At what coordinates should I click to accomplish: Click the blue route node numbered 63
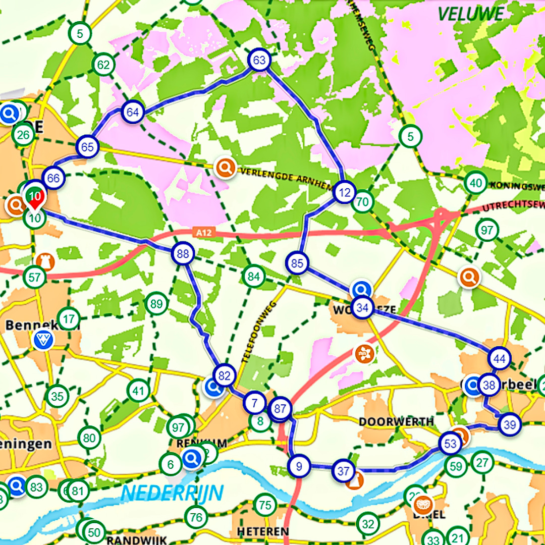259,61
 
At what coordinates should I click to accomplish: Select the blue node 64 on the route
133,112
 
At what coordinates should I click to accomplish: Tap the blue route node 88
183,254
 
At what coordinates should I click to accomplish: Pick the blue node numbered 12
345,192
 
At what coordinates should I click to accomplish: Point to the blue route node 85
297,263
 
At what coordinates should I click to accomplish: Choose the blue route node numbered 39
509,424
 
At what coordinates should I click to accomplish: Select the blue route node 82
225,375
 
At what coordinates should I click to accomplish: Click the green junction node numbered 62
103,65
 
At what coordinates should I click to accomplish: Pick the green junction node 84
253,276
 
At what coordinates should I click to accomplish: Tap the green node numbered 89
156,304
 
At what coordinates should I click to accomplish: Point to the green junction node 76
196,517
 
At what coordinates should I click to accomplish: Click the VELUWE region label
470,14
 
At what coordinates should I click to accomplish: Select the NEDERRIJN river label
173,493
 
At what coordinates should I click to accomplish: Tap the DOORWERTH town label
396,421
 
